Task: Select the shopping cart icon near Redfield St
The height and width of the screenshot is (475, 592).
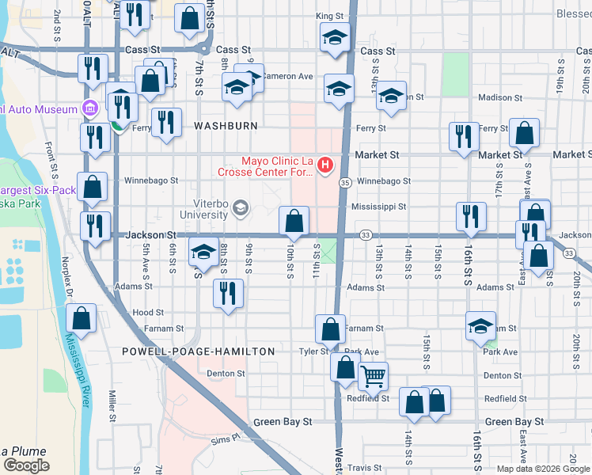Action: (373, 376)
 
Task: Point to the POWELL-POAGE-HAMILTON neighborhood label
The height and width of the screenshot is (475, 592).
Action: (199, 351)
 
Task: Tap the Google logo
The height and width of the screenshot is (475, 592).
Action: (25, 465)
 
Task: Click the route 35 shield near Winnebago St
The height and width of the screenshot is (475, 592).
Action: (346, 182)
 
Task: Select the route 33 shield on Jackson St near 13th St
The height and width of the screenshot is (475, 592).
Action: (365, 235)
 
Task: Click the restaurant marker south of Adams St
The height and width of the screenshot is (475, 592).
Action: (228, 294)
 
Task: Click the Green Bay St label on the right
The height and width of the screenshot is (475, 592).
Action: (514, 423)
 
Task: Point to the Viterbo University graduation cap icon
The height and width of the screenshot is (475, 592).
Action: (241, 209)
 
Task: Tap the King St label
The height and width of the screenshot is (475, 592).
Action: (329, 16)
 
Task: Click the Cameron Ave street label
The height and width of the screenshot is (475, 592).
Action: (288, 77)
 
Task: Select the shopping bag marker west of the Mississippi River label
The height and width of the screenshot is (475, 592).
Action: (82, 318)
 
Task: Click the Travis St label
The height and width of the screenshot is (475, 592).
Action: (364, 468)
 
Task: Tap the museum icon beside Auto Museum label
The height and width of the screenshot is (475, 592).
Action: (89, 108)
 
